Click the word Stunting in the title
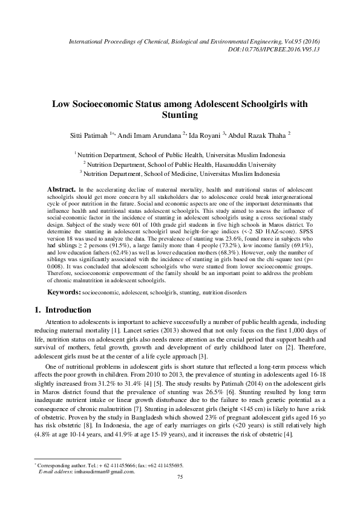180,115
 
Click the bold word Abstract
62,190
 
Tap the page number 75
180,478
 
